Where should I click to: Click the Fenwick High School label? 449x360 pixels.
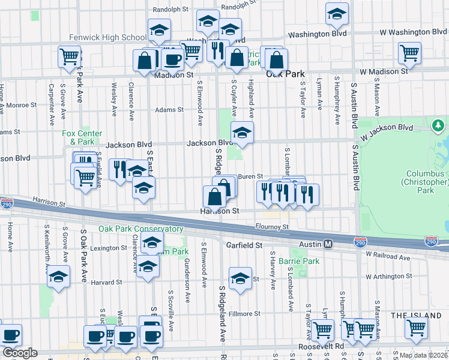pyautogui.click(x=107, y=37)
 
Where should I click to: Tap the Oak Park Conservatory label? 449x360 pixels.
pyautogui.click(x=141, y=229)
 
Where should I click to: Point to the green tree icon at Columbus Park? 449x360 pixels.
pyautogui.click(x=438, y=125)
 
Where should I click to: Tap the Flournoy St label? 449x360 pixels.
pyautogui.click(x=272, y=227)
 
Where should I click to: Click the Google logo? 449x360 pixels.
pyautogui.click(x=20, y=353)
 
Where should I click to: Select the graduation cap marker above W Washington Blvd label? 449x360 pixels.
pyautogui.click(x=337, y=13)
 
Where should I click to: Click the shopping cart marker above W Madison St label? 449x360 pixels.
pyautogui.click(x=409, y=53)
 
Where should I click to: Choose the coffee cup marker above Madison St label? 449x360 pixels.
pyautogui.click(x=173, y=59)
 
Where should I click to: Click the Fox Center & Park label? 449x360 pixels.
pyautogui.click(x=82, y=137)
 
